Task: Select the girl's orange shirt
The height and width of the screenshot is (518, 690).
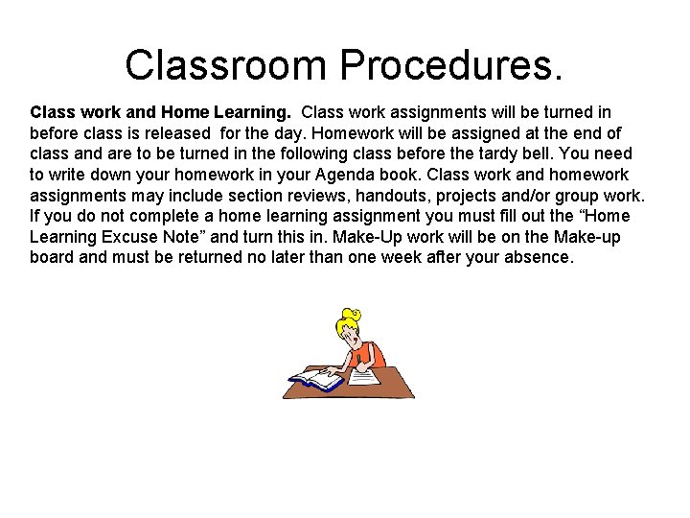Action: [x=368, y=355]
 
